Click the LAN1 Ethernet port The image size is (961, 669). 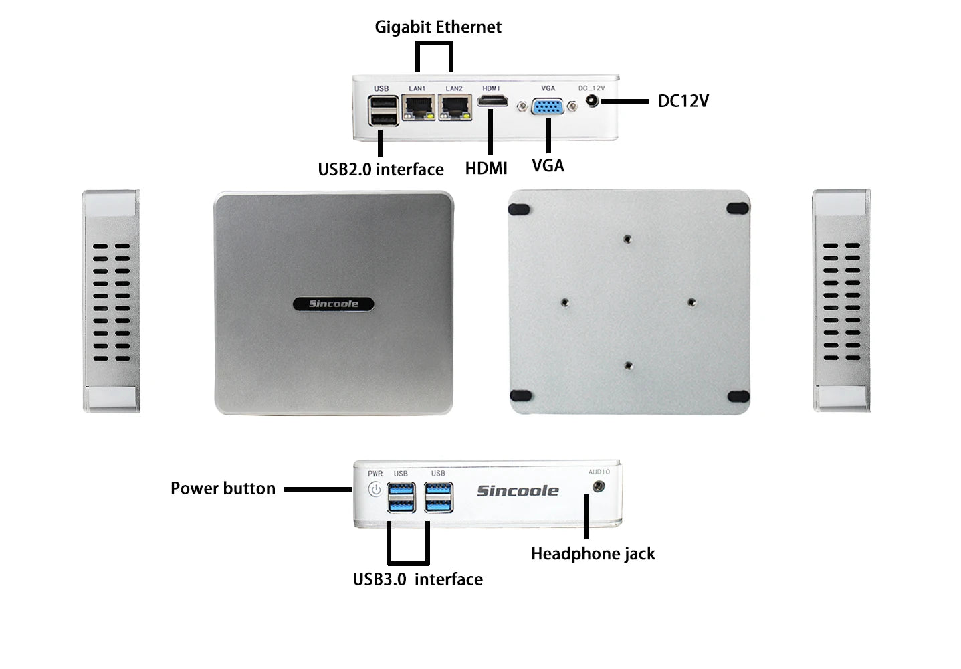(x=419, y=107)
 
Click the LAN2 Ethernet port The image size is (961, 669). (x=455, y=107)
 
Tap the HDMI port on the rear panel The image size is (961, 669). (x=492, y=102)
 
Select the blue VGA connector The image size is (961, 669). (x=547, y=107)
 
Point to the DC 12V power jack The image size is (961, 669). (x=591, y=101)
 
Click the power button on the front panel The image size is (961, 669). (x=375, y=490)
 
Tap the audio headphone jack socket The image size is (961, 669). (x=599, y=486)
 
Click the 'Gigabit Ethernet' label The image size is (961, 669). (x=437, y=27)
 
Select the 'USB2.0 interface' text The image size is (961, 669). (x=381, y=169)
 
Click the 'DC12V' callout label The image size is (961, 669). (x=683, y=101)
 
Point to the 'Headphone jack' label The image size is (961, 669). (x=593, y=554)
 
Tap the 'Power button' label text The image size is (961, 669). (x=223, y=488)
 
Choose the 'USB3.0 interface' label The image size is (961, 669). (x=417, y=579)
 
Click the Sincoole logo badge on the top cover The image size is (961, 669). (x=333, y=304)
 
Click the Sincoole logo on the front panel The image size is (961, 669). (x=517, y=491)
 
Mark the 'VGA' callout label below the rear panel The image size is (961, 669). (x=548, y=165)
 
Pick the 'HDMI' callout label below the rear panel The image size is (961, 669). (x=486, y=169)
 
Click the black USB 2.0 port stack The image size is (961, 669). (x=383, y=111)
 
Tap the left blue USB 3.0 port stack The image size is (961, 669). (x=401, y=497)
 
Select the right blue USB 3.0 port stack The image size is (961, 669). (x=439, y=497)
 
